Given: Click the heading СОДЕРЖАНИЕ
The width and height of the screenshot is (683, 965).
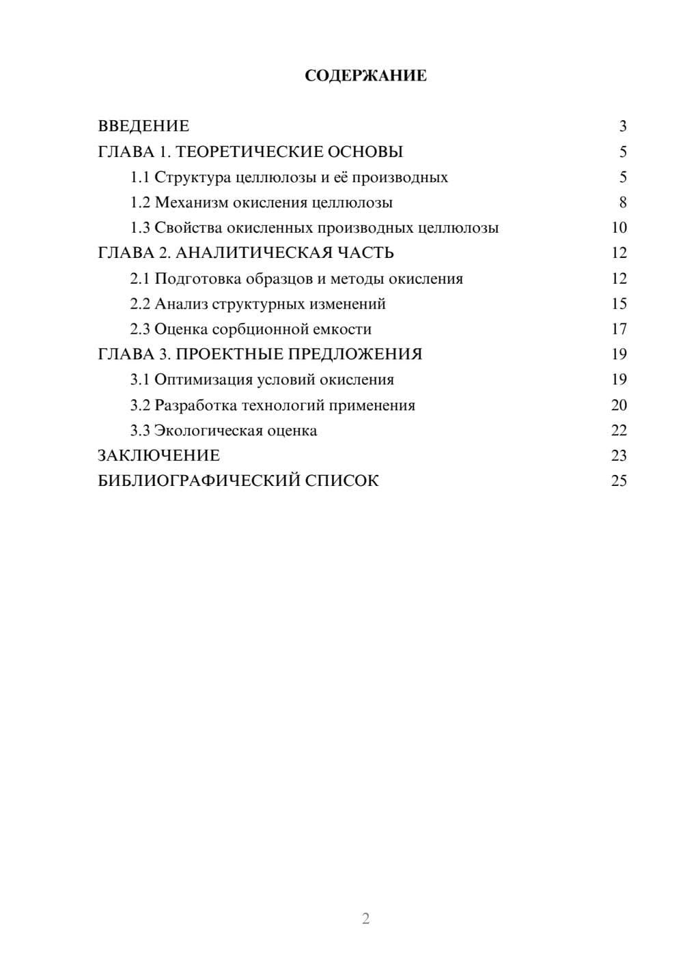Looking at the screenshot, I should point(365,76).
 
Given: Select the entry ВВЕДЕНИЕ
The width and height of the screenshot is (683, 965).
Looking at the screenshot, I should point(143,126).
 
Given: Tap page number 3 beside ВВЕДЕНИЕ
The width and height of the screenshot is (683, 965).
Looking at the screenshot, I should point(622,126).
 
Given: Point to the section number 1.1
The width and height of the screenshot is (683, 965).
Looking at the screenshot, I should point(140,177).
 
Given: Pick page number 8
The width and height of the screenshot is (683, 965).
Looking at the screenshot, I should point(622,203).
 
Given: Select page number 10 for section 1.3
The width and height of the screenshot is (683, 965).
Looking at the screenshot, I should point(619,228).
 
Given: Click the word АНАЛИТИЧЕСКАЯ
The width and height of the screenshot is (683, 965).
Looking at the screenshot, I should point(253,253).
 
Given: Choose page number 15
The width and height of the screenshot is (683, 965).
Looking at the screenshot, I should point(619,304).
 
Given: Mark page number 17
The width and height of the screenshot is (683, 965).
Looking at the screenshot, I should point(619,329).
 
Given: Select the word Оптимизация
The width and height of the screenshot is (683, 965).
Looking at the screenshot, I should point(198,379).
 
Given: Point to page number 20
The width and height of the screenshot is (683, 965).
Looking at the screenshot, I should point(619,405).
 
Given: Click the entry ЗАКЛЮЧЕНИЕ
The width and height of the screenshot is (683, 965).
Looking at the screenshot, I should point(159,455).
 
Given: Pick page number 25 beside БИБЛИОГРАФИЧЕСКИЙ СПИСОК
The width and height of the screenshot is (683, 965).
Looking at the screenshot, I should point(619,481).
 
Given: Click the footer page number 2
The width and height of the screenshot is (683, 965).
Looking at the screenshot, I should point(365,919).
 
